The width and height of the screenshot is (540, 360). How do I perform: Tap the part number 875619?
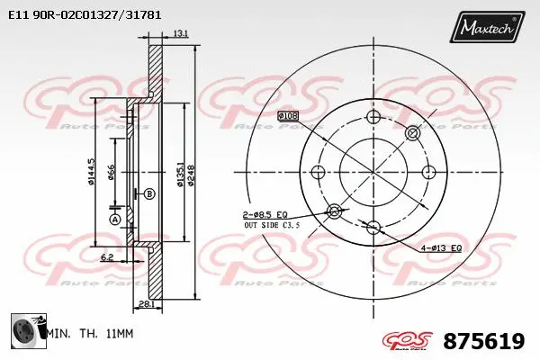(x=484, y=341)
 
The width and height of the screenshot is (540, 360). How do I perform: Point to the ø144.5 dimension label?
(x=92, y=171)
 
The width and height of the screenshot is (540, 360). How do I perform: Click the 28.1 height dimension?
(x=145, y=304)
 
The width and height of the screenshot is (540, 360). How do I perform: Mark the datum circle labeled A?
(x=114, y=220)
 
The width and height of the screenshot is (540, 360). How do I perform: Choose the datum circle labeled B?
(x=149, y=193)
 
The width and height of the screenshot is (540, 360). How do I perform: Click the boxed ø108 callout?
(x=288, y=116)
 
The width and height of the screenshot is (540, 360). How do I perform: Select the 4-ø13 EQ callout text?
(x=442, y=247)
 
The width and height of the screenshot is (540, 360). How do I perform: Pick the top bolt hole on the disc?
(x=373, y=118)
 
